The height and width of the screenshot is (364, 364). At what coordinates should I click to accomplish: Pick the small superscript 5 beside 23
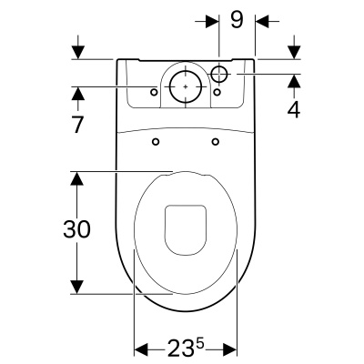[x=198, y=344]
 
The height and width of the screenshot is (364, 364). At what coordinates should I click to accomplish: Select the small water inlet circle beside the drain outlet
[x=221, y=72]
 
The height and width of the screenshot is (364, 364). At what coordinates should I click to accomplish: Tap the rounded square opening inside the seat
[x=186, y=227]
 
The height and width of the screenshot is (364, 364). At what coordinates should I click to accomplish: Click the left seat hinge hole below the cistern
[x=156, y=141]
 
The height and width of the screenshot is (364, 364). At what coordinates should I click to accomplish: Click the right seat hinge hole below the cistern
[x=216, y=141]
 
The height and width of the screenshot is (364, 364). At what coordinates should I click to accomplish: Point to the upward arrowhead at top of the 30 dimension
[x=79, y=179]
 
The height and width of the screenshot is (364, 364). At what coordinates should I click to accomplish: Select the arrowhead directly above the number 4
[x=293, y=81]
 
